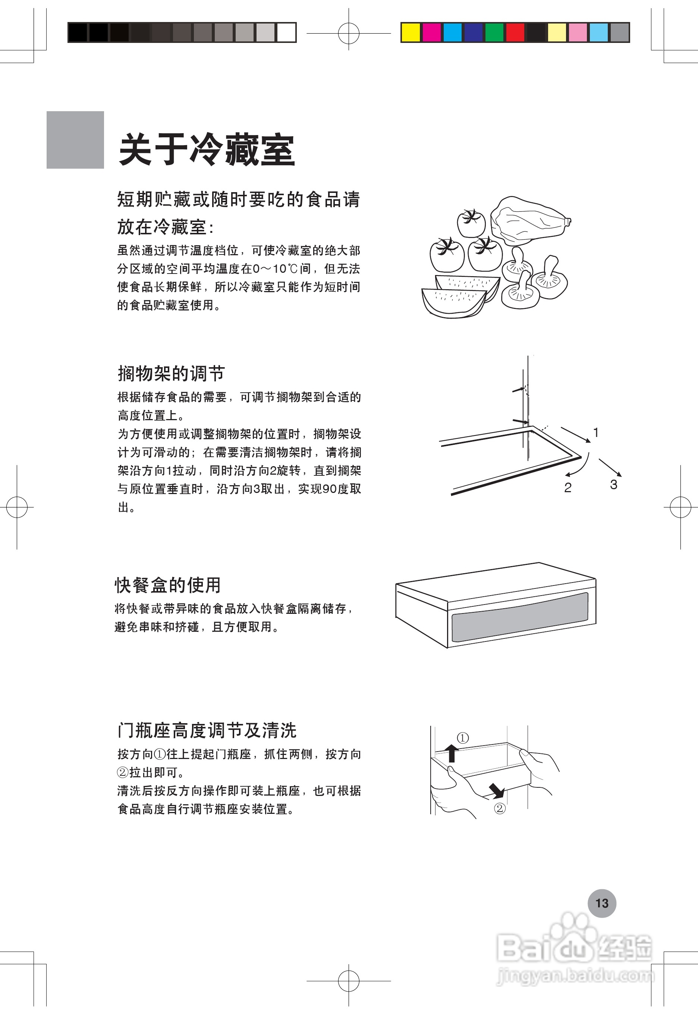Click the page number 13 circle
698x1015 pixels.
pyautogui.click(x=601, y=903)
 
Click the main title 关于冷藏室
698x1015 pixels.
pyautogui.click(x=207, y=150)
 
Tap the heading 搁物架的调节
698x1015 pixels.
pyautogui.click(x=171, y=374)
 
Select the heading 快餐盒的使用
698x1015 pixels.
pyautogui.click(x=167, y=585)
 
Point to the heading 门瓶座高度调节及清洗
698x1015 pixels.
pyautogui.click(x=207, y=730)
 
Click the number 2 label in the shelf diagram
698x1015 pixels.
pyautogui.click(x=567, y=488)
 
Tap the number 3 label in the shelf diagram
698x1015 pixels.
pyautogui.click(x=614, y=484)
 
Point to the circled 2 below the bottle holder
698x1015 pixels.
pyautogui.click(x=499, y=808)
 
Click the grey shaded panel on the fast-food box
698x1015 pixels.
pyautogui.click(x=519, y=617)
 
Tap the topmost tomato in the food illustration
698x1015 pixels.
pyautogui.click(x=471, y=223)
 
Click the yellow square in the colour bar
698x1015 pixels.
pyautogui.click(x=410, y=32)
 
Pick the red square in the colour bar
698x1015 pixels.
pyautogui.click(x=515, y=32)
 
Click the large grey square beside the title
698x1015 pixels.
pyautogui.click(x=75, y=140)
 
